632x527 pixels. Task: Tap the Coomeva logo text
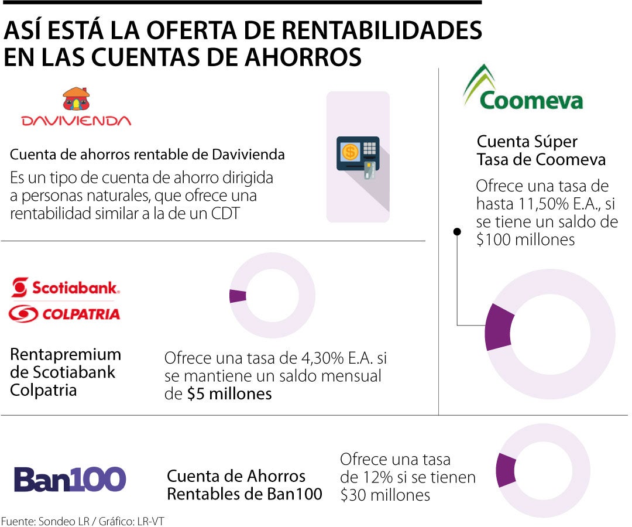click(x=531, y=100)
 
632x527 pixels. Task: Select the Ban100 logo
click(x=70, y=479)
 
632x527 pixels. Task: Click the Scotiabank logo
click(x=65, y=287)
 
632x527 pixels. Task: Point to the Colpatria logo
click(x=64, y=314)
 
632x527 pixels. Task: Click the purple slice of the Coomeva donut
click(x=499, y=327)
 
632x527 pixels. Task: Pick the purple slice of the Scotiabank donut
click(x=238, y=296)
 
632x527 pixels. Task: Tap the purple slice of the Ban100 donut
click(x=505, y=470)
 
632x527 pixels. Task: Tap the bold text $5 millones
click(x=229, y=393)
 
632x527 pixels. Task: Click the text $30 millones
click(x=385, y=495)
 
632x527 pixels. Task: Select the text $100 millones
click(x=525, y=239)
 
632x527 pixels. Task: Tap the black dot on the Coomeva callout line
click(x=457, y=232)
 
